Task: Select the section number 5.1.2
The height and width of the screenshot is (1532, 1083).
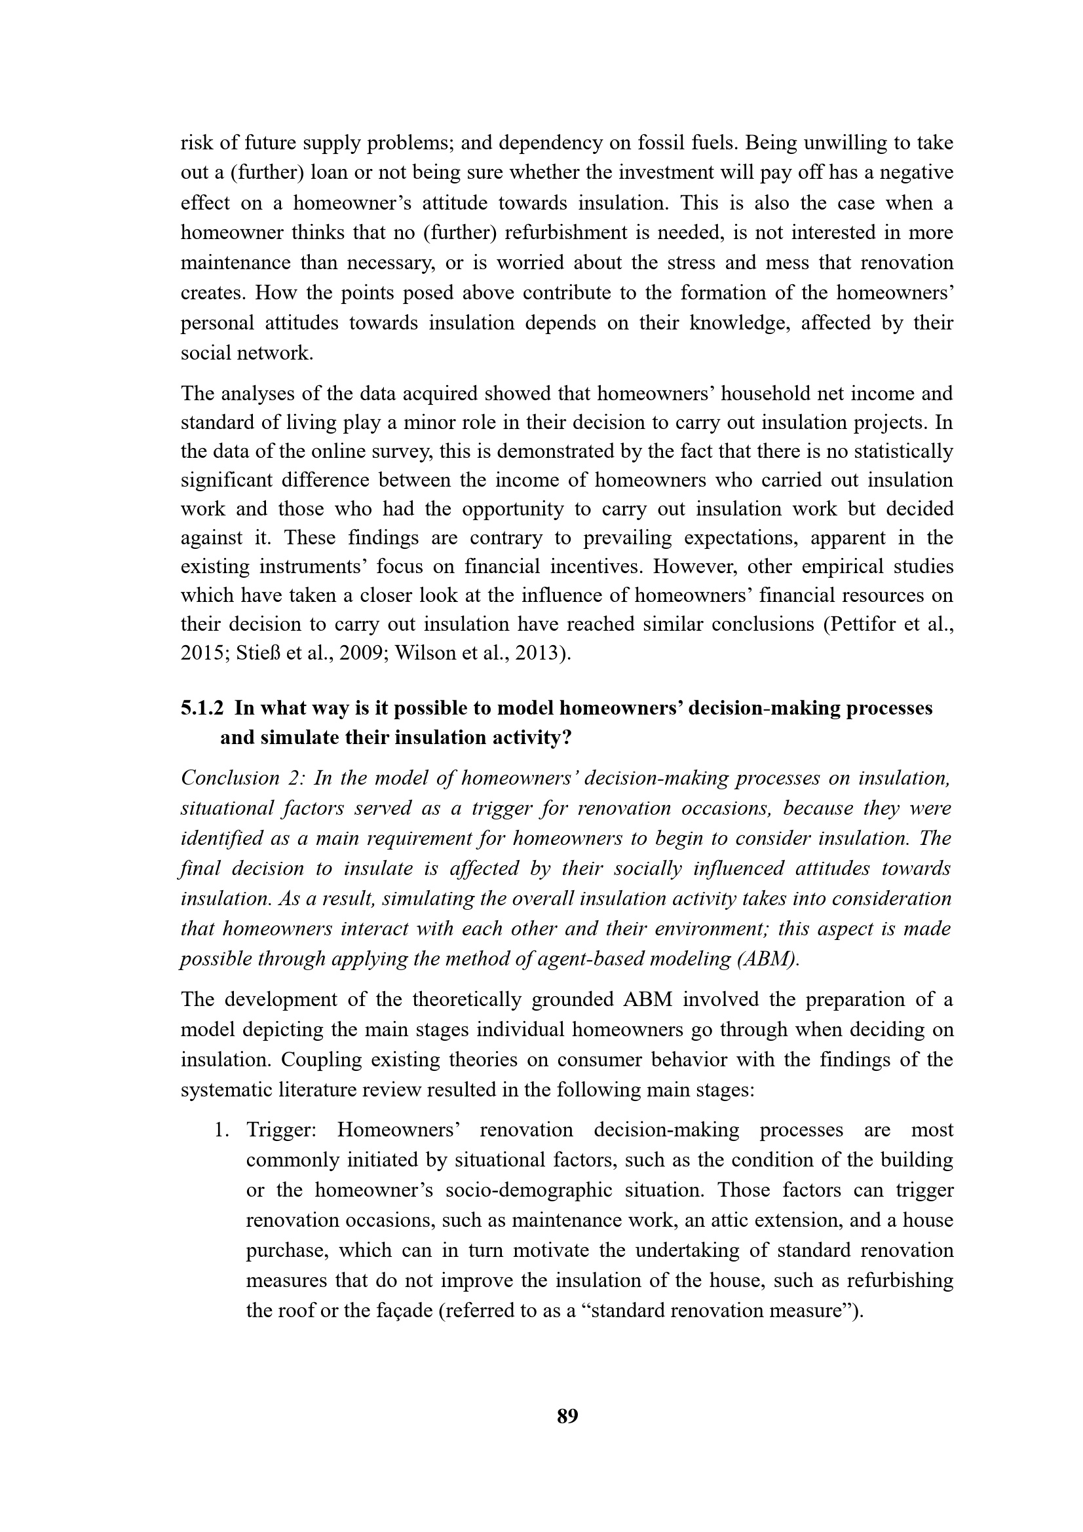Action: point(202,708)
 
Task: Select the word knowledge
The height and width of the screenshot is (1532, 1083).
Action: point(737,323)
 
